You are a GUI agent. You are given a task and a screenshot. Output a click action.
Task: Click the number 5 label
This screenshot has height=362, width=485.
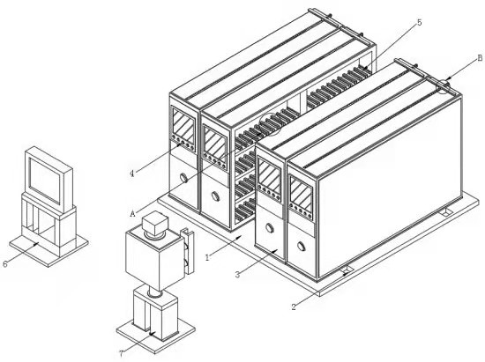(420, 22)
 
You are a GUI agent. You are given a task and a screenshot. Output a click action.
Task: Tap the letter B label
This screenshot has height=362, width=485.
(480, 58)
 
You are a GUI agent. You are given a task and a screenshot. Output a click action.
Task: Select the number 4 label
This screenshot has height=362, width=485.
(132, 174)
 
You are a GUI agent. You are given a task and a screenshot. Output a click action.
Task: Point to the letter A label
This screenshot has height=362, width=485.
(132, 213)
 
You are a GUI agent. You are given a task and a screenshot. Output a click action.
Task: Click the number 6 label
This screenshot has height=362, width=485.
(5, 263)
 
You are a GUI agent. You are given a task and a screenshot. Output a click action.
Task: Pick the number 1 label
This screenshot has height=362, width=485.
(207, 257)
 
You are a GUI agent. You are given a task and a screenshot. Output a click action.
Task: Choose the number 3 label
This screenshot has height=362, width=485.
(237, 274)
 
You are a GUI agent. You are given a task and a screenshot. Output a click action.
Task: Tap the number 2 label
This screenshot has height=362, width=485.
(294, 307)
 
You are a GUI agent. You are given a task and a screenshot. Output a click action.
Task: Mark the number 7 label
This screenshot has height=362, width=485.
(122, 354)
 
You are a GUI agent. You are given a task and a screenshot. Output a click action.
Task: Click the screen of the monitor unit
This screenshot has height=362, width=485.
(45, 180)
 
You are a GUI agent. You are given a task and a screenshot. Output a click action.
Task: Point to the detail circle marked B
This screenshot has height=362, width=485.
(444, 85)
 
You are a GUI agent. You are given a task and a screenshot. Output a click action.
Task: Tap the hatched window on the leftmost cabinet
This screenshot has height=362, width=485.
(183, 126)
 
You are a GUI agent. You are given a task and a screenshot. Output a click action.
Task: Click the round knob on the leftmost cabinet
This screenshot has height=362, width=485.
(183, 178)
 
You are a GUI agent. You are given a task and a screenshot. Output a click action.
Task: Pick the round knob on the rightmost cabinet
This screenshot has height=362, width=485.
(301, 246)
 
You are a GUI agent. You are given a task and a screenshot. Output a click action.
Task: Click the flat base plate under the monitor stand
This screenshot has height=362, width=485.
(48, 248)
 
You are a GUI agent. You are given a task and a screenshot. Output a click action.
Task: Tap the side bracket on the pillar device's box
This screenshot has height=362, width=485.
(188, 251)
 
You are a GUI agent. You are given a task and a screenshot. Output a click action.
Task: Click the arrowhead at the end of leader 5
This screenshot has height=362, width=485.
(364, 69)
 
